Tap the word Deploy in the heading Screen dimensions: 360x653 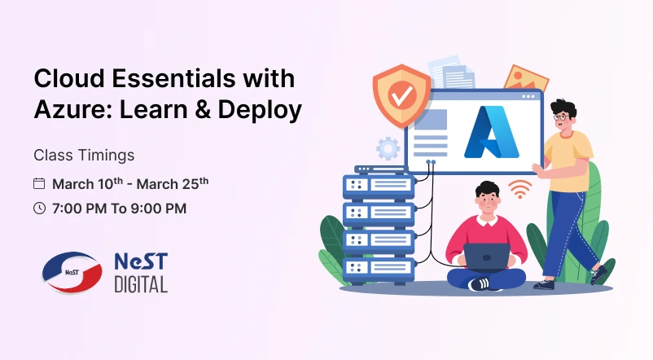(261, 111)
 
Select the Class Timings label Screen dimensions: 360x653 (84, 154)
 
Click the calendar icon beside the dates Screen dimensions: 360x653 (39, 183)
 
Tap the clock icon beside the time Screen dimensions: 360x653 (39, 209)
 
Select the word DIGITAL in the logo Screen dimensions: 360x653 (141, 284)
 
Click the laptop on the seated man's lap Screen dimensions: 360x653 (486, 257)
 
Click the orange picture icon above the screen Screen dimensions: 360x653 (525, 78)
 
